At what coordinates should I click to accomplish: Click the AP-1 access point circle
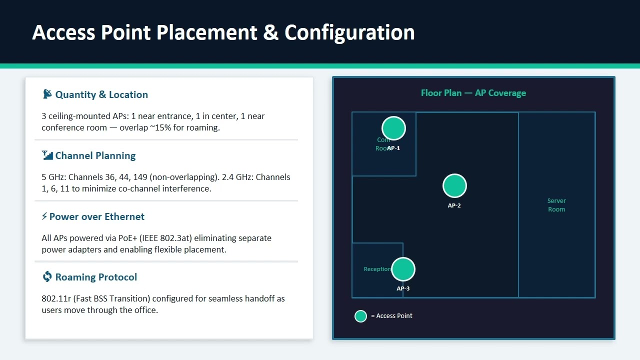click(x=393, y=128)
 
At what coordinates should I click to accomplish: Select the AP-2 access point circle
click(x=454, y=186)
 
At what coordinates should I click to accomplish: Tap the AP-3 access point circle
click(x=403, y=269)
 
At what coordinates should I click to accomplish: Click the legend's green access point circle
click(x=360, y=316)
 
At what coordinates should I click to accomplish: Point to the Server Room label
click(x=556, y=205)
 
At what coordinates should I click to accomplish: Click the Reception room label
click(x=377, y=269)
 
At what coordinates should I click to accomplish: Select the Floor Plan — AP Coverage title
click(x=473, y=93)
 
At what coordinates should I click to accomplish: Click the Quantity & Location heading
click(x=101, y=94)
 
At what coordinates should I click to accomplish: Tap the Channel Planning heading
click(x=95, y=155)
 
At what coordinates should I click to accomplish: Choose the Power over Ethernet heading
click(x=96, y=216)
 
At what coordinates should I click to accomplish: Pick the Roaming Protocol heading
click(x=96, y=277)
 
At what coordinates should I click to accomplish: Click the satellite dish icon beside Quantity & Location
click(x=47, y=94)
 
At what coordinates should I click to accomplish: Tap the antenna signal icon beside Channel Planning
click(x=47, y=155)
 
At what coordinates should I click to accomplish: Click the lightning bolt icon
click(x=44, y=216)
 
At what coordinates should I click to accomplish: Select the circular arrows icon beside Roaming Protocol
click(x=47, y=276)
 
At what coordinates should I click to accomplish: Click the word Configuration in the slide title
click(x=349, y=32)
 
